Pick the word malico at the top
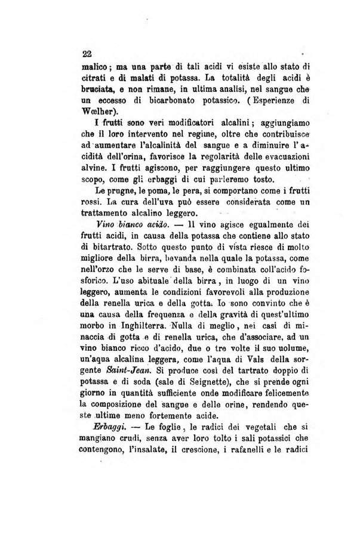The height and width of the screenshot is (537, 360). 94,66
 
